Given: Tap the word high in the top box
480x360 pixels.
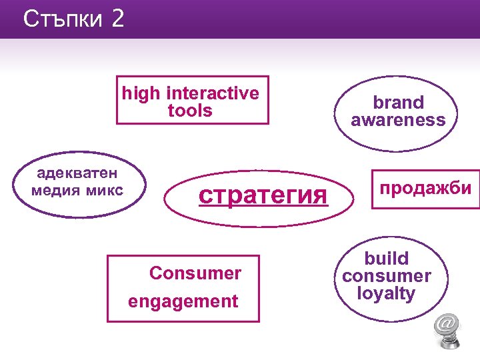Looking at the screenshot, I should [141, 93].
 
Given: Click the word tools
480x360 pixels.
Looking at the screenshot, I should [190, 111].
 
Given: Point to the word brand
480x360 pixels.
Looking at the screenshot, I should [398, 103].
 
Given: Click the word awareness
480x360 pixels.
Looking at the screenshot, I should [398, 120].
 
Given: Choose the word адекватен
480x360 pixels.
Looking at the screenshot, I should [77, 173].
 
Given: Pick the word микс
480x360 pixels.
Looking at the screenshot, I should [105, 191].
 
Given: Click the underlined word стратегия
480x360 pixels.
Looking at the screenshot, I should [265, 195].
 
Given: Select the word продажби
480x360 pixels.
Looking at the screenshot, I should [425, 188].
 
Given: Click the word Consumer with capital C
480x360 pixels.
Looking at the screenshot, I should [195, 273].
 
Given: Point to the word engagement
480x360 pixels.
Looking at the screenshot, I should [183, 301].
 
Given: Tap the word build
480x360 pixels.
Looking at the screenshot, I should [386, 259].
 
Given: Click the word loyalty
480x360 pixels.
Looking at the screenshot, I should [386, 293].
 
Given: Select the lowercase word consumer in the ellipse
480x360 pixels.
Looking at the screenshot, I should [386, 276].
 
